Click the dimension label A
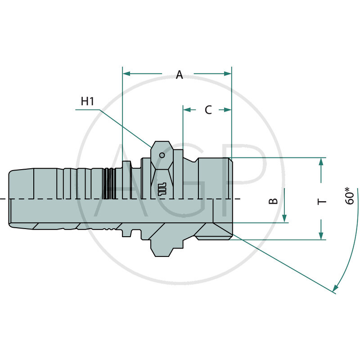pos(180,75)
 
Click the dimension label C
pos(208,110)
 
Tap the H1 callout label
pos(87,101)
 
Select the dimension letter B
pos(273,201)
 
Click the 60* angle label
pos(350,197)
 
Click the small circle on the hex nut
pos(162,155)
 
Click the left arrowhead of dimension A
pos(126,73)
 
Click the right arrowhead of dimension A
pos(228,73)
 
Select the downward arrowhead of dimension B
pos(284,218)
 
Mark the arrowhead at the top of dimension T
pos(321,162)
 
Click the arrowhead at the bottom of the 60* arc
pos(335,289)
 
